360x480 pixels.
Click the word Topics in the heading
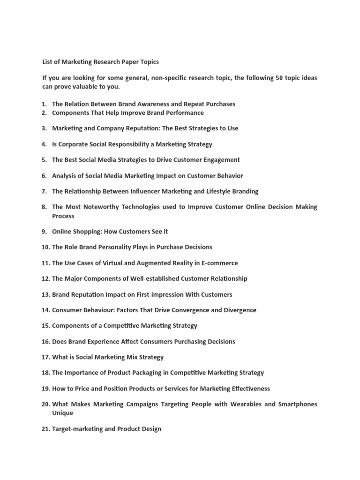tap(147, 62)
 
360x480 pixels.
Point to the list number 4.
tap(44, 144)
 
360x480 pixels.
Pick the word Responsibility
tap(127, 144)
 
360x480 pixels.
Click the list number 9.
tap(44, 232)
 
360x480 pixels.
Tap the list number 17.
tap(45, 357)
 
